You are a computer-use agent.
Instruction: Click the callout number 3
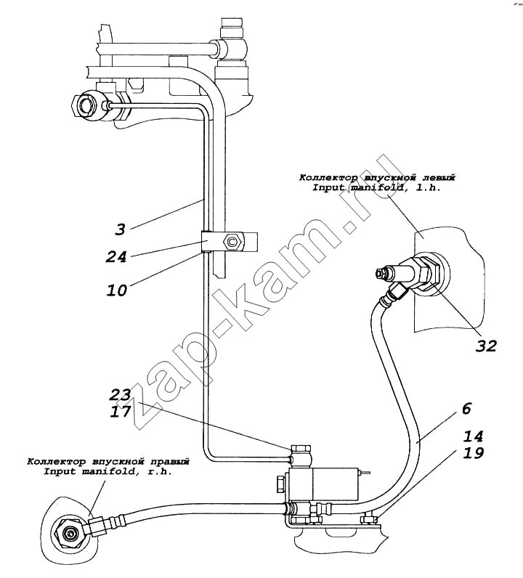tap(120, 229)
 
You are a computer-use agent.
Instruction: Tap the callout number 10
tap(116, 290)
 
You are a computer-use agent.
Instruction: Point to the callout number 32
tap(486, 345)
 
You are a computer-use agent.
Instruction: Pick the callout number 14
tap(473, 436)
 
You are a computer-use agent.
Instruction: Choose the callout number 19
tap(473, 454)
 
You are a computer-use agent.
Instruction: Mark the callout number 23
tap(121, 394)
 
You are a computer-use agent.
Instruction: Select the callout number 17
tap(121, 411)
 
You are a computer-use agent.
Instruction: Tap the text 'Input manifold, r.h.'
tap(108, 471)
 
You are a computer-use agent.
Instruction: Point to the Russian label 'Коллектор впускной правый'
tap(108, 461)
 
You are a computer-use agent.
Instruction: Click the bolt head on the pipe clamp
tap(232, 241)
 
